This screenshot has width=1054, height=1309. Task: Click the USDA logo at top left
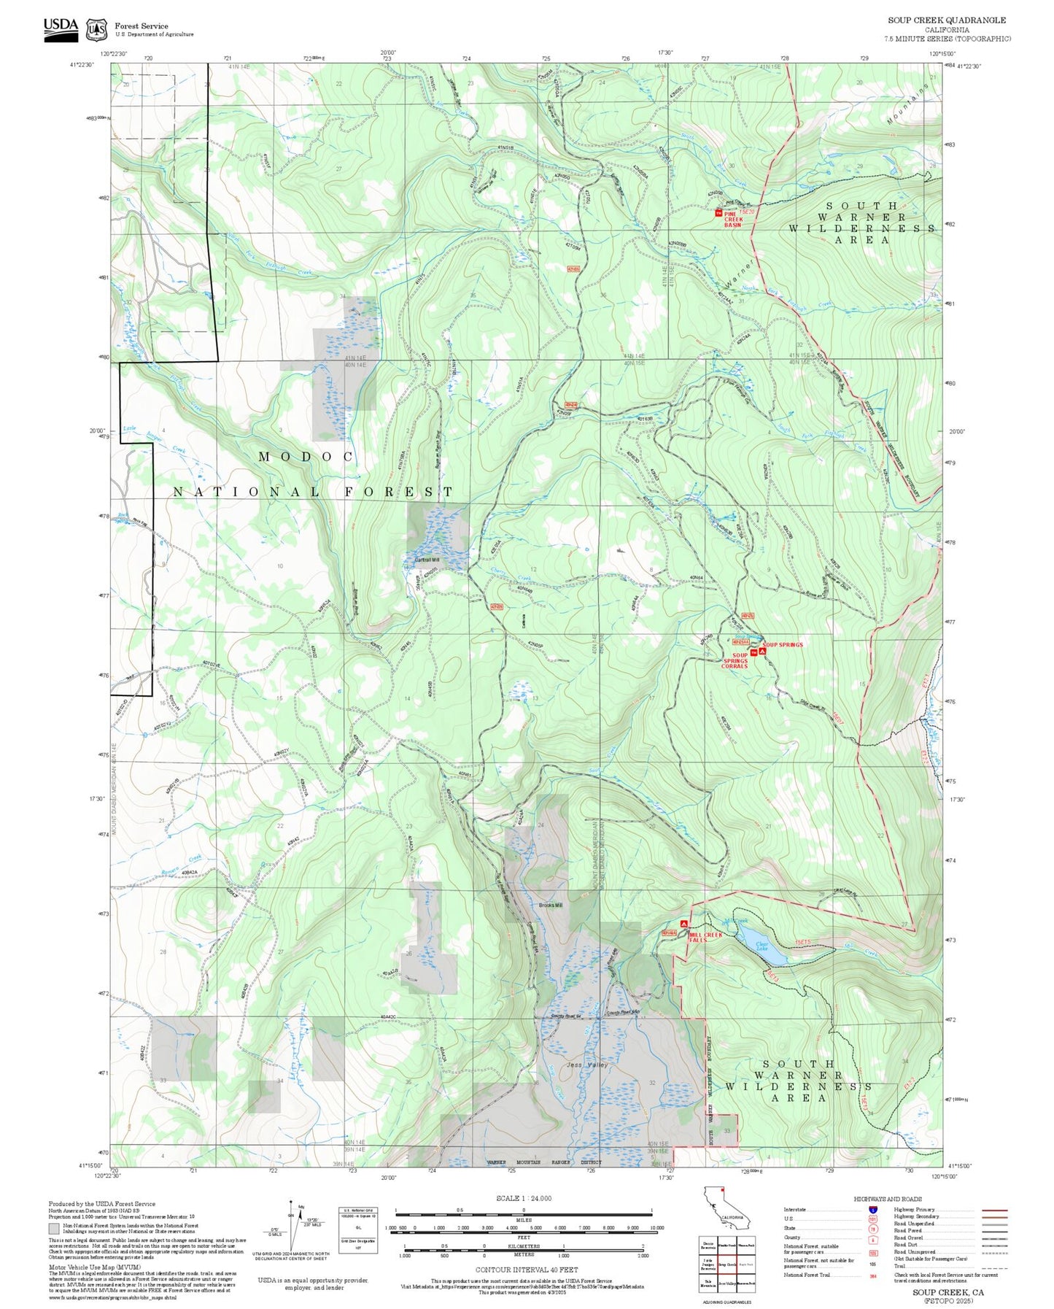[x=61, y=28]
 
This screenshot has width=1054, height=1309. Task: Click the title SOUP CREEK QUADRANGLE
[x=946, y=20]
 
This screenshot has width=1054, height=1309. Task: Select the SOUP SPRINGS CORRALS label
[x=734, y=660]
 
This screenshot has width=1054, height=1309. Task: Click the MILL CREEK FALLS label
[x=705, y=938]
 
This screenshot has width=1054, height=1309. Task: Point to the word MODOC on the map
[x=306, y=457]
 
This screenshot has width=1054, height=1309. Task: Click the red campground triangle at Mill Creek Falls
[x=683, y=924]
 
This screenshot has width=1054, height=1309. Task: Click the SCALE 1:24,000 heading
[x=523, y=1198]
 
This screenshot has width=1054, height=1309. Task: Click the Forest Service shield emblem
[x=96, y=30]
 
